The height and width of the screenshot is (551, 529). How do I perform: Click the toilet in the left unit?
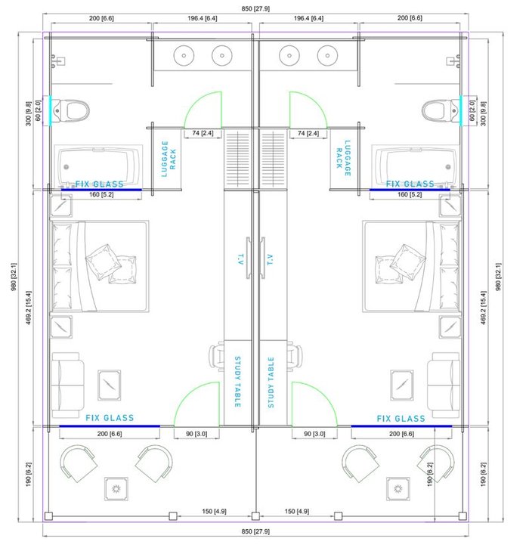tap(72, 110)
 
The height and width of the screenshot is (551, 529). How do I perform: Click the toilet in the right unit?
tap(440, 111)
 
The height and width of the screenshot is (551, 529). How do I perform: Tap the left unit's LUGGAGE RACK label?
tap(169, 159)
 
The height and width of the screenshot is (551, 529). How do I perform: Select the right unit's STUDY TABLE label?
tap(271, 382)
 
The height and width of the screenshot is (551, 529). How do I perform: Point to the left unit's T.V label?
tap(240, 259)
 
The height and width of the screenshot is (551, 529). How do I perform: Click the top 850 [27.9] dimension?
tap(255, 8)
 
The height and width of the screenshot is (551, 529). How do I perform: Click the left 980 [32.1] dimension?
tap(14, 277)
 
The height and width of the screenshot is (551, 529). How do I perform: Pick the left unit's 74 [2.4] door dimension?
tap(203, 133)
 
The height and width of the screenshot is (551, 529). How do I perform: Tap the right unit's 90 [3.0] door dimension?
tap(314, 434)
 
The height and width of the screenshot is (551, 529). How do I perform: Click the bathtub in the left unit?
tap(98, 166)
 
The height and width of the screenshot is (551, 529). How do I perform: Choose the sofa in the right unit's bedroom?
tap(444, 385)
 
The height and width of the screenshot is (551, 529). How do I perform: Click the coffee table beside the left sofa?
tap(110, 385)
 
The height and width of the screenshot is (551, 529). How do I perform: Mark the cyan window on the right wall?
tap(461, 110)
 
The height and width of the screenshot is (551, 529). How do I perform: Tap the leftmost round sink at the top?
tap(184, 55)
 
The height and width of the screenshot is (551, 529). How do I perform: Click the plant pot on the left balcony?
tap(116, 489)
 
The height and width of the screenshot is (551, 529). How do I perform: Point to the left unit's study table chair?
tap(216, 356)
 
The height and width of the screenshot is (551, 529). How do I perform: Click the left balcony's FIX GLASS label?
tap(110, 418)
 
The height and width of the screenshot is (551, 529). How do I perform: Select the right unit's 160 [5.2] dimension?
tap(410, 194)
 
